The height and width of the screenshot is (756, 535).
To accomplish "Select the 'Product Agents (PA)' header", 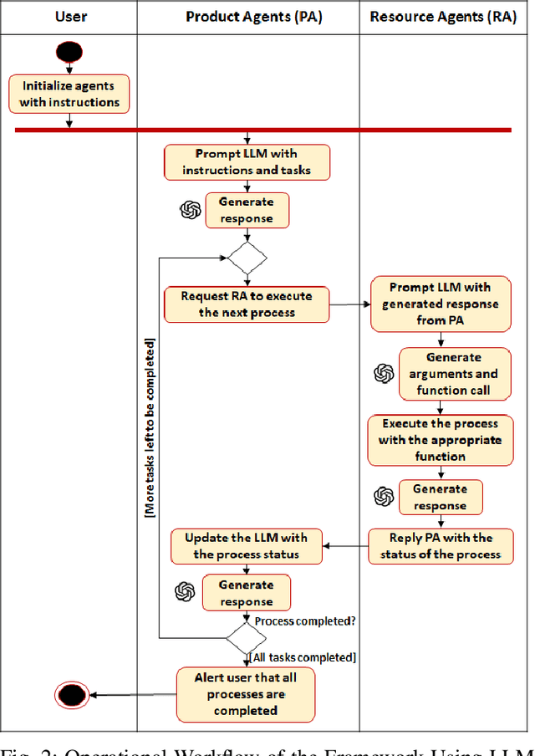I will (x=247, y=16).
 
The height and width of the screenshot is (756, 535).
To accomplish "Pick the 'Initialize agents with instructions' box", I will (x=70, y=94).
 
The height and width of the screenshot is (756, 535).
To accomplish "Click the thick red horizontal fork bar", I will (x=262, y=130).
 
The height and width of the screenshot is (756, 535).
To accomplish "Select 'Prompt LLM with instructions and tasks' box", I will (x=247, y=162).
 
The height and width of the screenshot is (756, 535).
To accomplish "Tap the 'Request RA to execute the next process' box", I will (x=247, y=304).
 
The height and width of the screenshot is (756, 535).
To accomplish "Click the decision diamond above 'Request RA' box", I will (x=247, y=258).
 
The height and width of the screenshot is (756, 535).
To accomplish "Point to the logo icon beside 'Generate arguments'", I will (x=384, y=374).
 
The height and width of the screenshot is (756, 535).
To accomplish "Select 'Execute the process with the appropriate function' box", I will (x=441, y=440).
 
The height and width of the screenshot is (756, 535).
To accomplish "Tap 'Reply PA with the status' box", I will (x=441, y=546).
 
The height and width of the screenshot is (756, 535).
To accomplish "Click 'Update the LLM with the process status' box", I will (x=246, y=546).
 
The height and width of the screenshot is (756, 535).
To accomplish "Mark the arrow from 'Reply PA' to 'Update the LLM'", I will (x=346, y=546).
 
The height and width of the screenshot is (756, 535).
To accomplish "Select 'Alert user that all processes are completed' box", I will (x=246, y=693).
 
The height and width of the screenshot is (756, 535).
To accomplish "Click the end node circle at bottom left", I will (x=71, y=694).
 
